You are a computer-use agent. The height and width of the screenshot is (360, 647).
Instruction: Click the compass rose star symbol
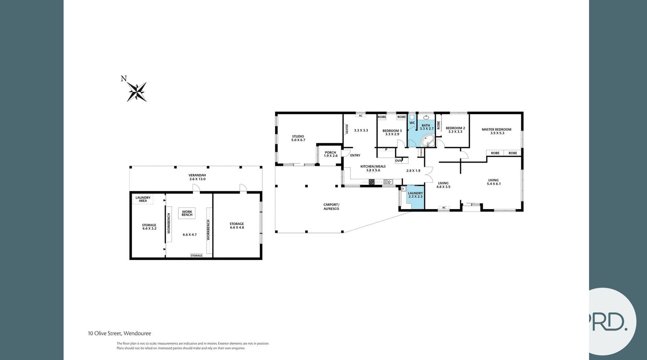coord(137,92)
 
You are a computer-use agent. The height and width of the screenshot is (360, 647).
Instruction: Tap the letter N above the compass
coord(124,78)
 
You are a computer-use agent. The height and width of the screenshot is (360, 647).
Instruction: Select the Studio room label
coord(298,138)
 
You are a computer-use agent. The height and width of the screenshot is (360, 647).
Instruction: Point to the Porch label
coord(330,154)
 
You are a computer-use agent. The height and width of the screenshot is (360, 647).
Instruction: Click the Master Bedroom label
coord(497,131)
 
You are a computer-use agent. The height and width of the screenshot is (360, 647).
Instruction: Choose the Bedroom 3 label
coord(392,132)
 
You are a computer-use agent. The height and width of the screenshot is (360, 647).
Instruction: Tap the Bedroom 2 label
coord(455,130)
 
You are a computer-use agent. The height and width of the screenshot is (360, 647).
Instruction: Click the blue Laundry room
coord(415,197)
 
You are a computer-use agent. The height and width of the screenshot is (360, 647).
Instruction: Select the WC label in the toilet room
coord(412,123)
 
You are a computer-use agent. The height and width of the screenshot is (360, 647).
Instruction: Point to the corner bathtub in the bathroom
coord(427,141)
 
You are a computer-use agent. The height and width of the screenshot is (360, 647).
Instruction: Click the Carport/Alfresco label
coord(331,207)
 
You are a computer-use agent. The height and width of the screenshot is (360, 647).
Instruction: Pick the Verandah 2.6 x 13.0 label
coord(197,177)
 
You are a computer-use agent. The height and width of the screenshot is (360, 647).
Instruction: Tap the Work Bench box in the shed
coord(187,213)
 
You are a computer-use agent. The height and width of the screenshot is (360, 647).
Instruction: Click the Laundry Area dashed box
coord(143,199)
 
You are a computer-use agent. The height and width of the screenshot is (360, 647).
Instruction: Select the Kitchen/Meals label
coord(373,168)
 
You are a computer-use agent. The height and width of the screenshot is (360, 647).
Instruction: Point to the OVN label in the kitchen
coord(398,161)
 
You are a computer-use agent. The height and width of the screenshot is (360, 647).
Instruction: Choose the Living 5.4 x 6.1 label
coord(494,182)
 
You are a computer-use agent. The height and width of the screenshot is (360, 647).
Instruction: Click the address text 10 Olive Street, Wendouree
coord(119,333)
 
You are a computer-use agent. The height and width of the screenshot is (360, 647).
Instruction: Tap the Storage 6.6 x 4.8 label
coord(237,226)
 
